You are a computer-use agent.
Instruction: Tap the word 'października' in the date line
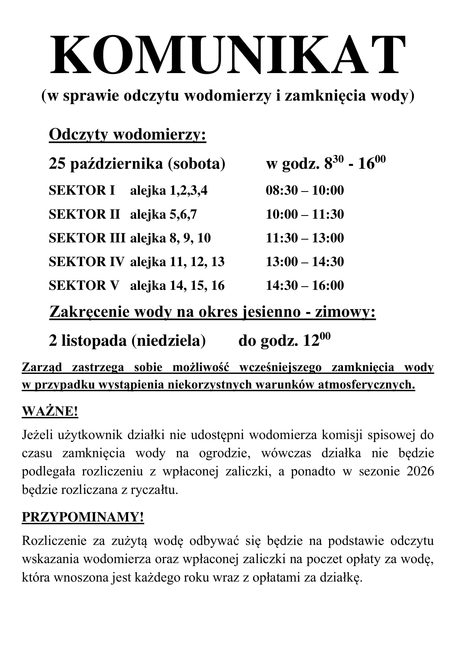116,164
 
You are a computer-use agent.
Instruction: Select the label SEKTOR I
82,191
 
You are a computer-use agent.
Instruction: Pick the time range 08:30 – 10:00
305,191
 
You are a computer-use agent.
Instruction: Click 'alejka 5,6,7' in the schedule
163,214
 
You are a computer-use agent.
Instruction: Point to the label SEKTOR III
87,238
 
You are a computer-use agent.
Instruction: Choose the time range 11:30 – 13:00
305,238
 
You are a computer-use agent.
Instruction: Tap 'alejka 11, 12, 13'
177,262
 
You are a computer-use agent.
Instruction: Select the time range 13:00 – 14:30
305,262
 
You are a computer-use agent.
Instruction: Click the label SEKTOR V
84,285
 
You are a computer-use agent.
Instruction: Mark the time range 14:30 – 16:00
305,285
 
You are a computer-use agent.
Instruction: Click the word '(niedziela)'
168,341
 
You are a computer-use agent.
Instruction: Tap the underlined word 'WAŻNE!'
50,411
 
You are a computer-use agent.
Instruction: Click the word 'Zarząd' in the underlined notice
42,367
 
